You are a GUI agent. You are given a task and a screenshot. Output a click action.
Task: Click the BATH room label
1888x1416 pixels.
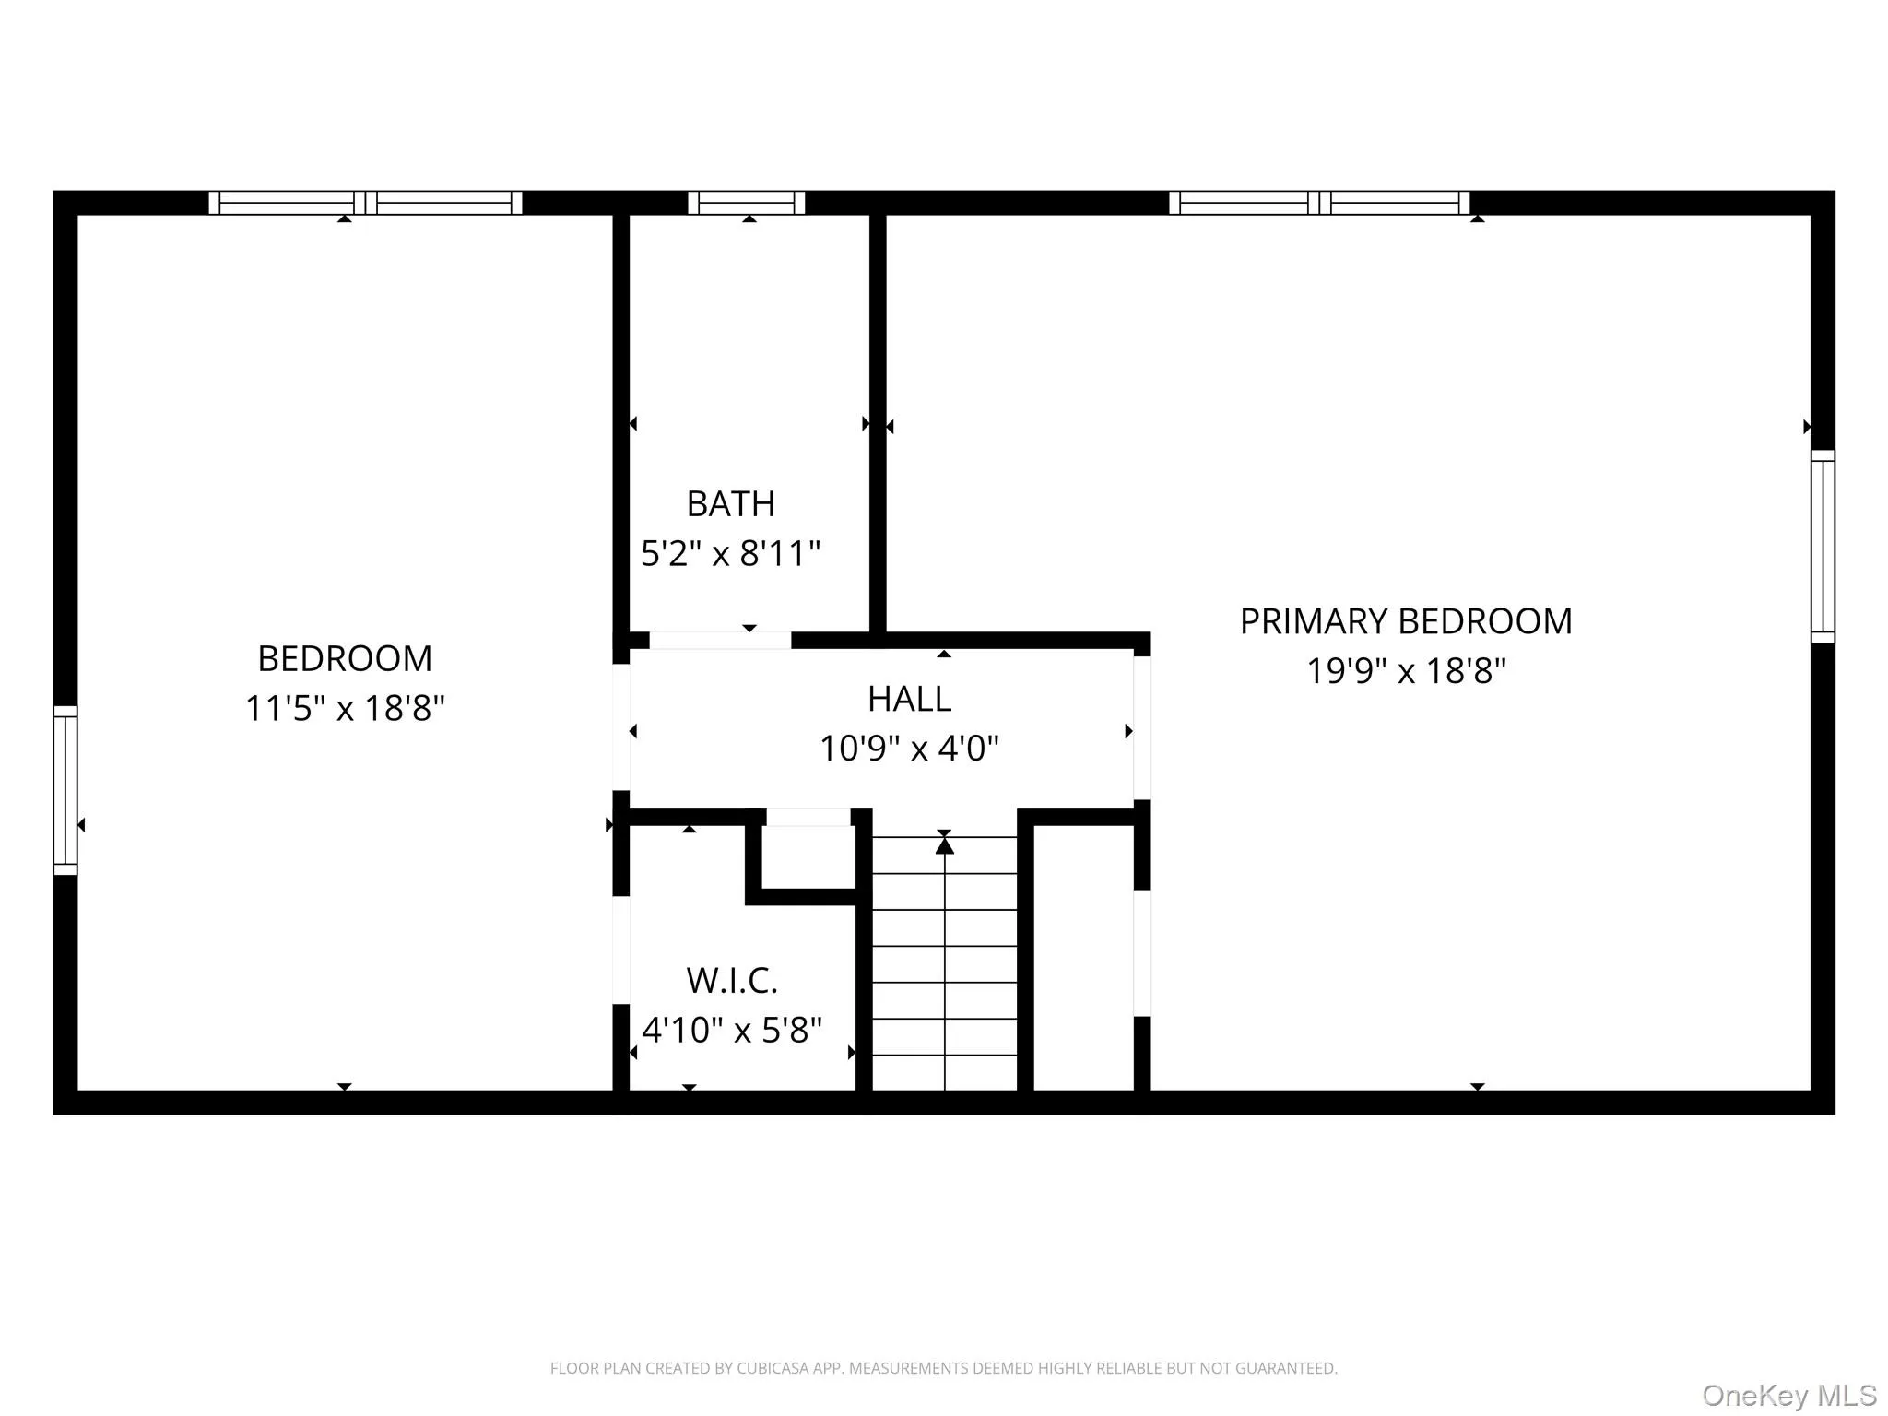[x=730, y=504]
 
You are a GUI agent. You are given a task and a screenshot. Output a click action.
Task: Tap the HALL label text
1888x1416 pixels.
[x=909, y=699]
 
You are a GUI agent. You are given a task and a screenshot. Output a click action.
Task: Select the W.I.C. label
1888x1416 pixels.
[x=732, y=981]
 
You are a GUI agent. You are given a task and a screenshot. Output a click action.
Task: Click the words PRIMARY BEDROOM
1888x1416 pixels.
[x=1405, y=621]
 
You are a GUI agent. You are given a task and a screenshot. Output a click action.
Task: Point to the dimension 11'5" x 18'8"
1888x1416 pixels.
[x=345, y=709]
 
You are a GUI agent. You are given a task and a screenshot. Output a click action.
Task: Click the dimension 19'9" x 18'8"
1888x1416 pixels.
[x=1406, y=671]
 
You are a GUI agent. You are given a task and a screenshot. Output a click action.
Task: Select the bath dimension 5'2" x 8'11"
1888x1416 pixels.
[x=730, y=554]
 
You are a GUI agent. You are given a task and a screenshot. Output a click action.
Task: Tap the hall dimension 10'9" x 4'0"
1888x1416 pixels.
[x=909, y=749]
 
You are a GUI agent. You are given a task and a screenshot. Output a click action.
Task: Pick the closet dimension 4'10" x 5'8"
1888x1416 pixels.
[x=732, y=1030]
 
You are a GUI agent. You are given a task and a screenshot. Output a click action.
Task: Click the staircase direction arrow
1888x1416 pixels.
[x=944, y=844]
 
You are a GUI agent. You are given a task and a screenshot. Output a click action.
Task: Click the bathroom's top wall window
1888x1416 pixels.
[x=747, y=203]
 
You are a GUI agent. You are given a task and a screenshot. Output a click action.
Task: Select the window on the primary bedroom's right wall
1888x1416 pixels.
[x=1823, y=546]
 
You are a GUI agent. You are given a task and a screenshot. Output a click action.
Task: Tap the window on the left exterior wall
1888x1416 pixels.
[x=65, y=790]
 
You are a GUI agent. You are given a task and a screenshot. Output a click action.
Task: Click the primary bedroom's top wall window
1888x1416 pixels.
[x=1319, y=203]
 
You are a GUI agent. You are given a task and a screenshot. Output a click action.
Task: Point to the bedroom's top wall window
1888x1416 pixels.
[x=365, y=203]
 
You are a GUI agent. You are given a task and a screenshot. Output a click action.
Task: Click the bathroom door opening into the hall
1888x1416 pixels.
[x=720, y=641]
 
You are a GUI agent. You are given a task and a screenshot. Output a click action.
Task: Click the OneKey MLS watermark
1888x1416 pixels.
[x=1789, y=1396]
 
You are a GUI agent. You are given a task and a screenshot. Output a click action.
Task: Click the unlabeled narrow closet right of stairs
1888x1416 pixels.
[x=1083, y=959]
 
